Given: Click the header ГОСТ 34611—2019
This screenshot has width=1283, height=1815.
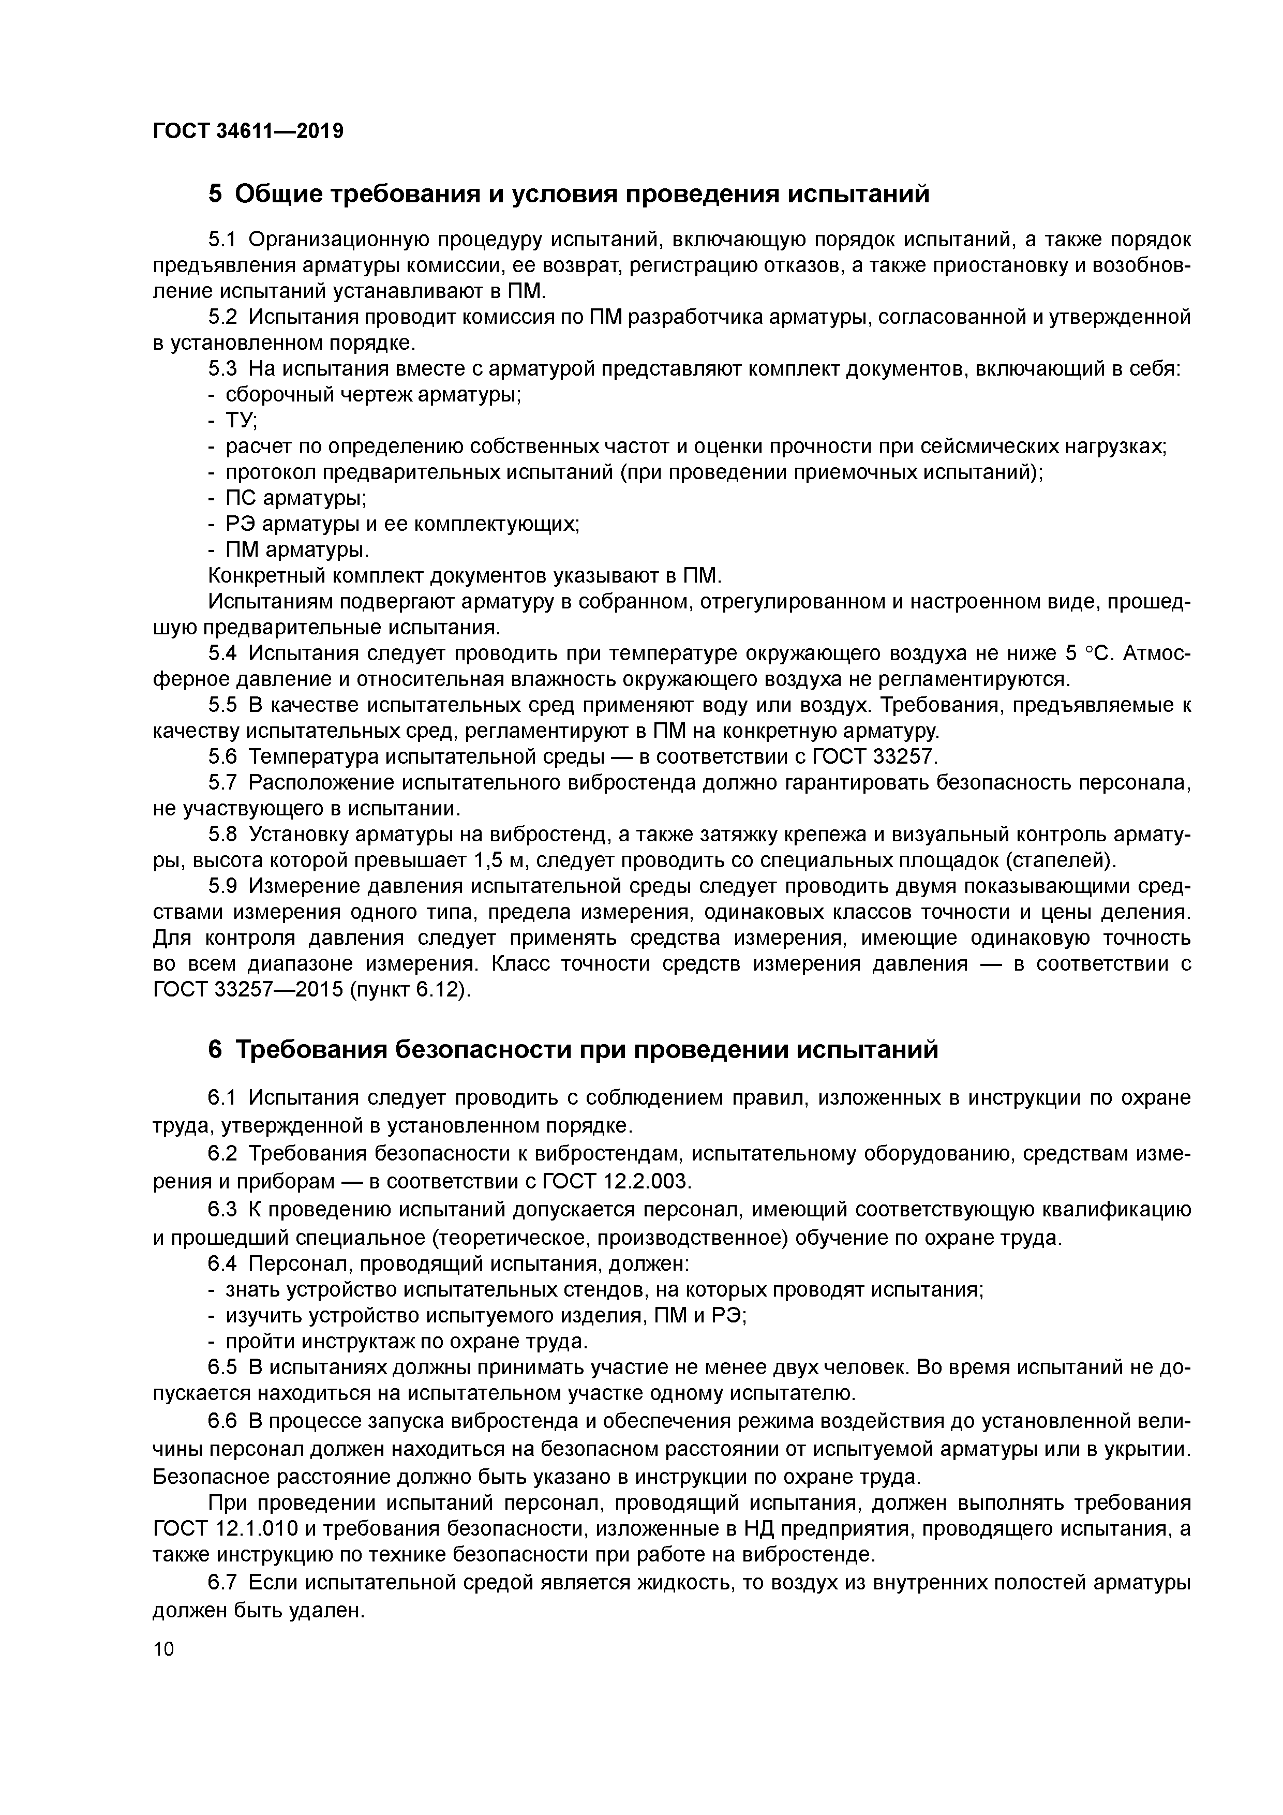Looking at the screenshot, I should (248, 130).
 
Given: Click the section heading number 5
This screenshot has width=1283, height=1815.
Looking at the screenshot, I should (216, 194).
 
